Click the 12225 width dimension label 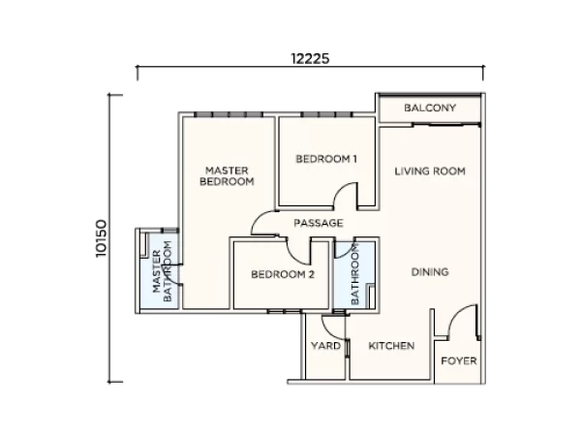tap(310, 58)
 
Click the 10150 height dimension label tap(101, 238)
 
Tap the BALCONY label tap(430, 108)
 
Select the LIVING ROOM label tap(430, 171)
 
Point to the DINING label tap(430, 272)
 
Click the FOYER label tap(459, 360)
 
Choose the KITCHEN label tap(391, 346)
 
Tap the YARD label tap(325, 346)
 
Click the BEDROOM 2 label tap(283, 274)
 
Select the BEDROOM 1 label tap(326, 159)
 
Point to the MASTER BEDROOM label tap(227, 176)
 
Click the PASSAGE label tap(319, 223)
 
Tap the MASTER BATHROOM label tap(163, 271)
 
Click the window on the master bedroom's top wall tap(229, 114)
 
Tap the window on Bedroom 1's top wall tap(326, 114)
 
